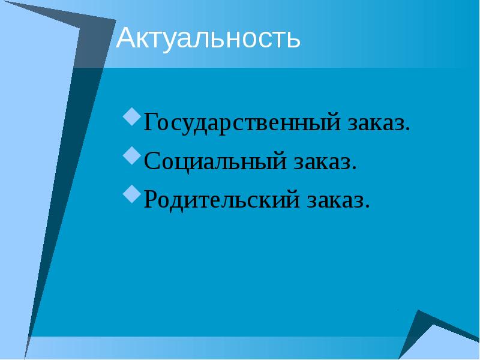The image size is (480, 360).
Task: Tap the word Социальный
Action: (x=216, y=161)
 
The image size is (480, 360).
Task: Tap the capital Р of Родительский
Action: (x=151, y=199)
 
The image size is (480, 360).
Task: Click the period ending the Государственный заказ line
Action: (x=409, y=130)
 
